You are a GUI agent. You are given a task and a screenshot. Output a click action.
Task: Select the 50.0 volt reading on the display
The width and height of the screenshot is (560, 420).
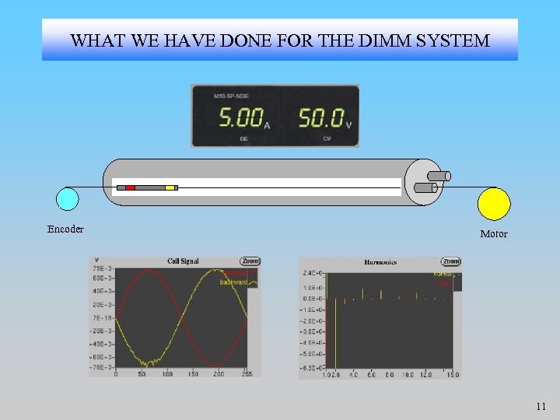[321, 118]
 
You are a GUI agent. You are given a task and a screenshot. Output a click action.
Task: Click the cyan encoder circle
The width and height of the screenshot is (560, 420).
[68, 200]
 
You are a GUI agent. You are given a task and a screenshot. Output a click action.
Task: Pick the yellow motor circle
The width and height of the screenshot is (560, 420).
[494, 204]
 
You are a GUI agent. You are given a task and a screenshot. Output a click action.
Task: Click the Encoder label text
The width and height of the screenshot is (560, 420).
[65, 229]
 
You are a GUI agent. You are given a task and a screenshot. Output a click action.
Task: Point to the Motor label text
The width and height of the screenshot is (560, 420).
[494, 233]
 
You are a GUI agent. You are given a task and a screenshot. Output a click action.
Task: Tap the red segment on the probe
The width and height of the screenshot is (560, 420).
[131, 187]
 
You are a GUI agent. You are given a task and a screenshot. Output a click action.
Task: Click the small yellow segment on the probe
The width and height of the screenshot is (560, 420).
[170, 187]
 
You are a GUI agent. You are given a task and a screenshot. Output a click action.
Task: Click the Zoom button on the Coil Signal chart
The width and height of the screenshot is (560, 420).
[250, 261]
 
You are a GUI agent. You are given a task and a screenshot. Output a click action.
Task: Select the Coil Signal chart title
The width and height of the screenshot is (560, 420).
[184, 261]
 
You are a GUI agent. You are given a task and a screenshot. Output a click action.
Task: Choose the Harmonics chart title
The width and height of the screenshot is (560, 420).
[380, 262]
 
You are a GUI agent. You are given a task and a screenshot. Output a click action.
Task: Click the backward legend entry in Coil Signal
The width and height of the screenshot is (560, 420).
[233, 282]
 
